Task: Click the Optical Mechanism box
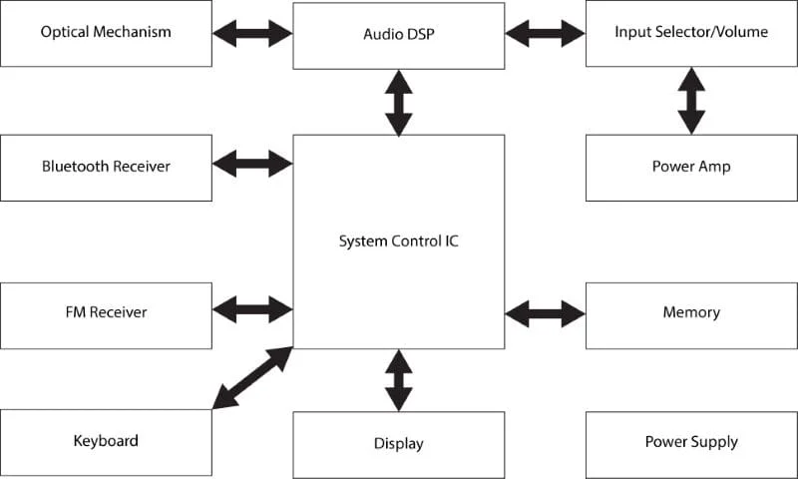tap(106, 33)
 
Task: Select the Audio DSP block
tap(398, 34)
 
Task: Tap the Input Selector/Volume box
tap(691, 33)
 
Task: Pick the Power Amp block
tap(691, 167)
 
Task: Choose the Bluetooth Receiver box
tap(106, 167)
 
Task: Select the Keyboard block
tap(106, 442)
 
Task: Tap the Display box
tap(398, 444)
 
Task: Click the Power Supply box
tap(691, 442)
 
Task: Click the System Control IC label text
tap(398, 240)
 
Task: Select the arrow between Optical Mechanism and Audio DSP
tap(252, 33)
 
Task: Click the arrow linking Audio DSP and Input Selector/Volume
tap(545, 33)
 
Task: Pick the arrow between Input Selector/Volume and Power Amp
tap(690, 101)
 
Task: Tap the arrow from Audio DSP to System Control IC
tap(398, 102)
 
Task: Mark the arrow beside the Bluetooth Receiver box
tap(252, 162)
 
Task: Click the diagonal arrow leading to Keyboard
tap(252, 378)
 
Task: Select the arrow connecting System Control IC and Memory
tap(545, 313)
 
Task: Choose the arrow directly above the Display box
tap(398, 380)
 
